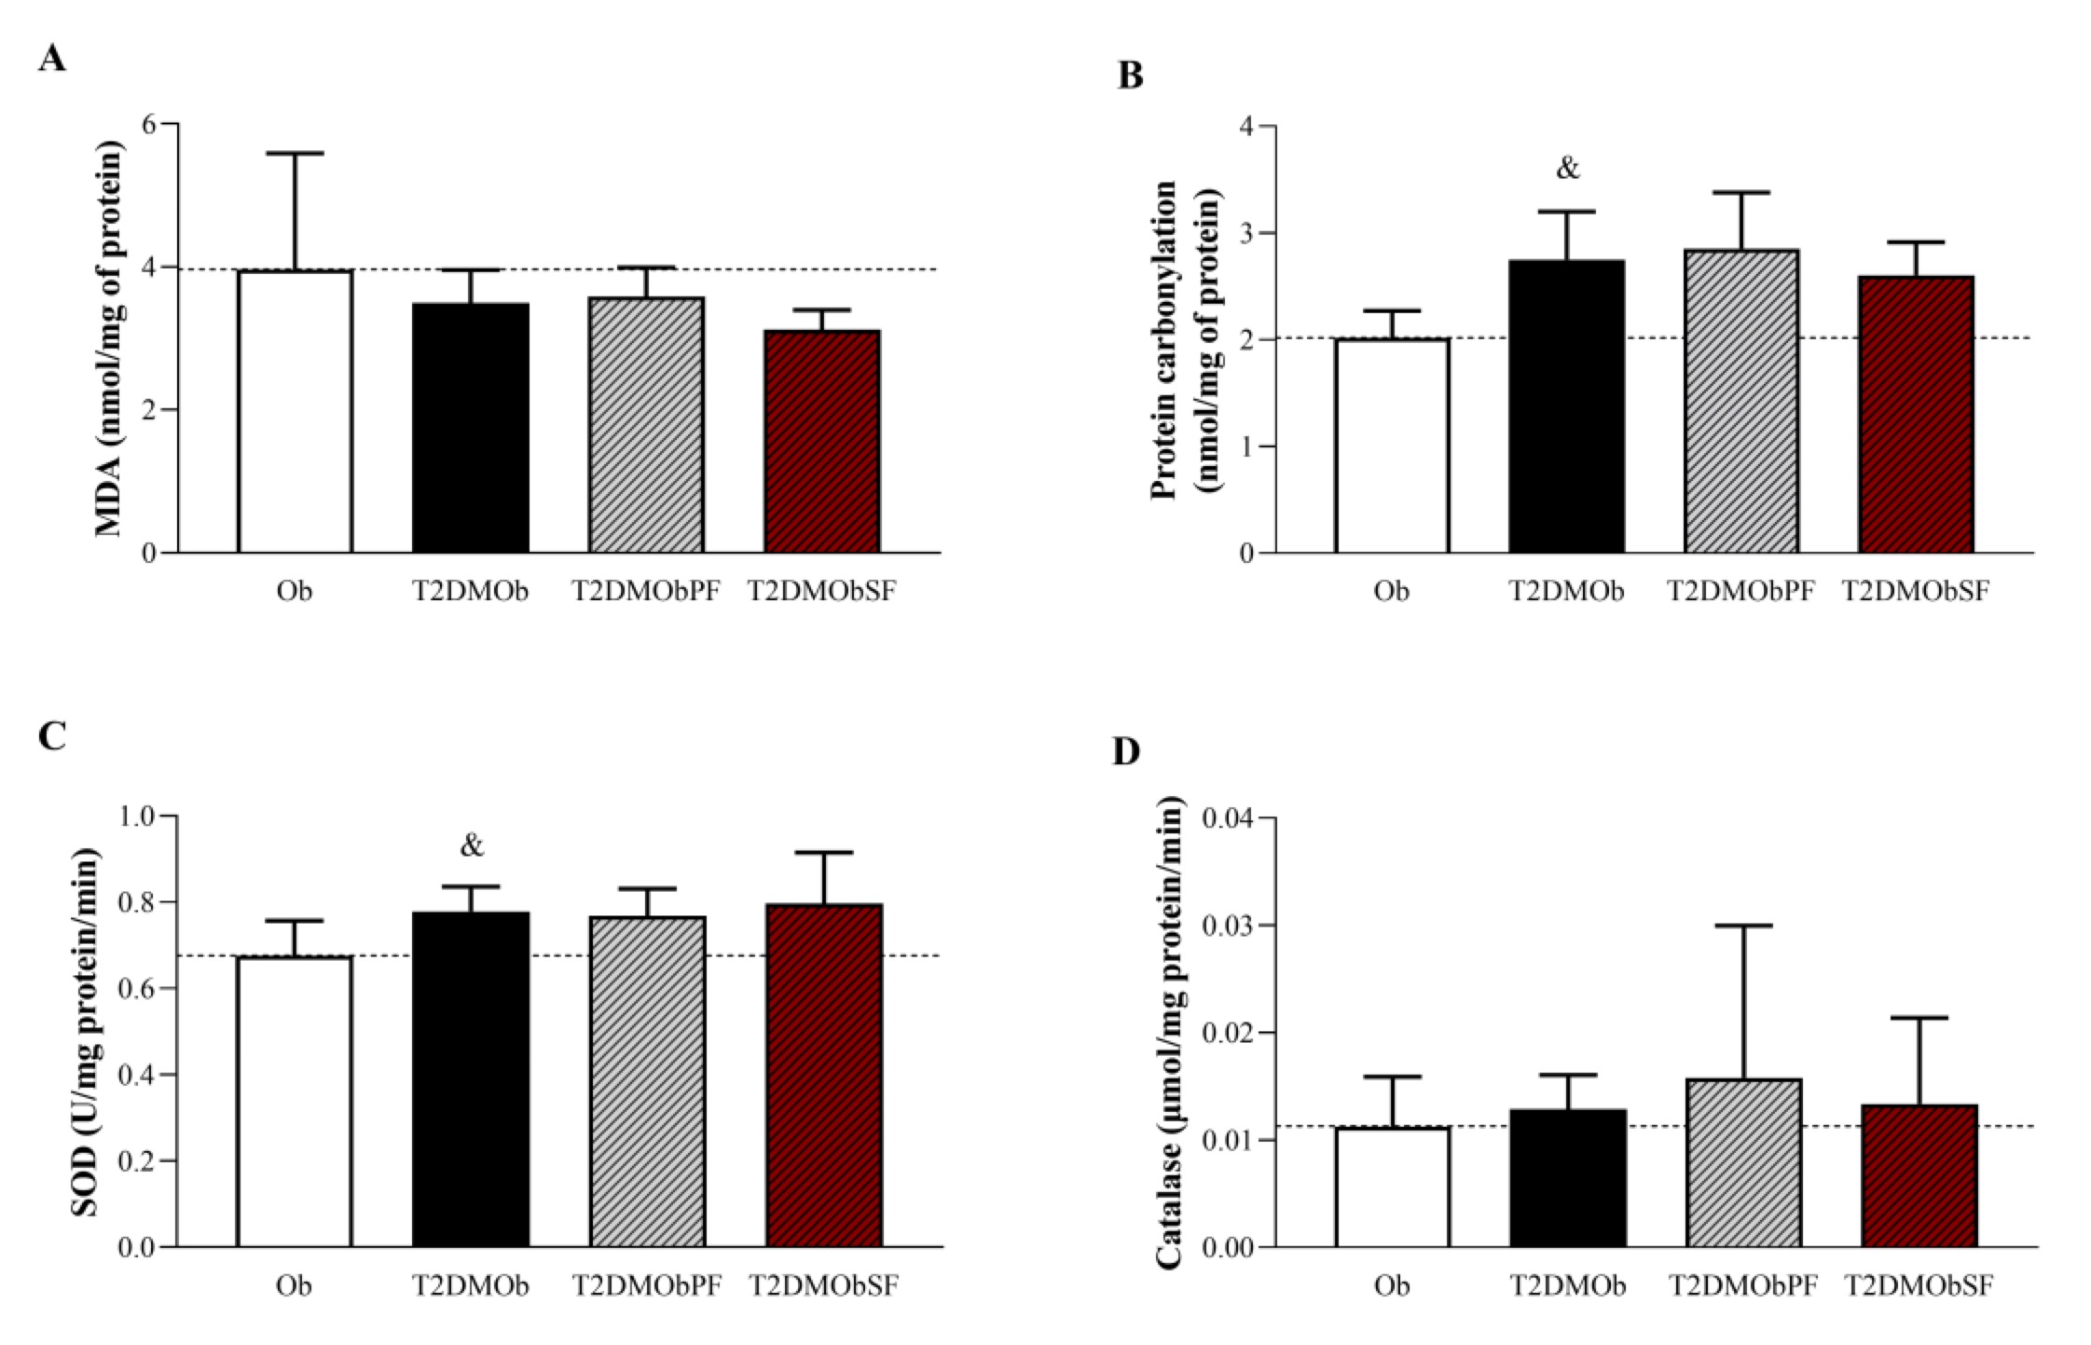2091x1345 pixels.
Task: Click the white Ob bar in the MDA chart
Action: tap(295, 411)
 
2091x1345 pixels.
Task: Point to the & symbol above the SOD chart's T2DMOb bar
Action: tap(472, 845)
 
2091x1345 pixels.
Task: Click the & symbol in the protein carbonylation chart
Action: tap(1568, 169)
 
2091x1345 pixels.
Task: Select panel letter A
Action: tap(52, 60)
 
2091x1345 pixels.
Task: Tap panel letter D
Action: tap(1126, 751)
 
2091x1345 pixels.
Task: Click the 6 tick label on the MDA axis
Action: tap(146, 124)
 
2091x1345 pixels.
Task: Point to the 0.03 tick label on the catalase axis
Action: tap(1228, 926)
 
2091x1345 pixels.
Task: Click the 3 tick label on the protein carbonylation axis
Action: tap(1245, 233)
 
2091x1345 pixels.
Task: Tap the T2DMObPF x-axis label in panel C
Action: tap(646, 1286)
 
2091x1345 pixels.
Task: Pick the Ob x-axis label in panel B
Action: tap(1391, 591)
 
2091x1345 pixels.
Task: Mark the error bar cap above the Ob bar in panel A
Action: tap(296, 153)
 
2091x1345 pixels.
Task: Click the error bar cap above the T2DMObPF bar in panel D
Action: tap(1743, 926)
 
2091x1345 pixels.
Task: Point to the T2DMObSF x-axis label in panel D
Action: tap(1919, 1286)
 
